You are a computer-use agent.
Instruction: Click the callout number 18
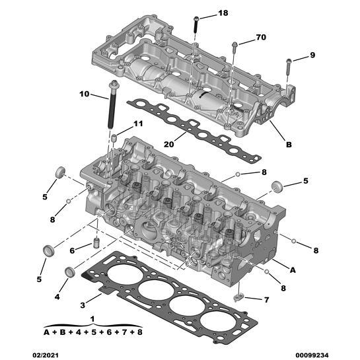point(223,13)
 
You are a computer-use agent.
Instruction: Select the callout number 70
point(261,38)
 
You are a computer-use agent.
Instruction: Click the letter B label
point(289,145)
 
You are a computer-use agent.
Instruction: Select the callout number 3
point(83,305)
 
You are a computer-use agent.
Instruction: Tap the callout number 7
point(266,300)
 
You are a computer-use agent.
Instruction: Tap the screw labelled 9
point(289,64)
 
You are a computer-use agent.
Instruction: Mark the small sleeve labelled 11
point(114,137)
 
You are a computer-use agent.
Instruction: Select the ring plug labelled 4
point(69,272)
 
